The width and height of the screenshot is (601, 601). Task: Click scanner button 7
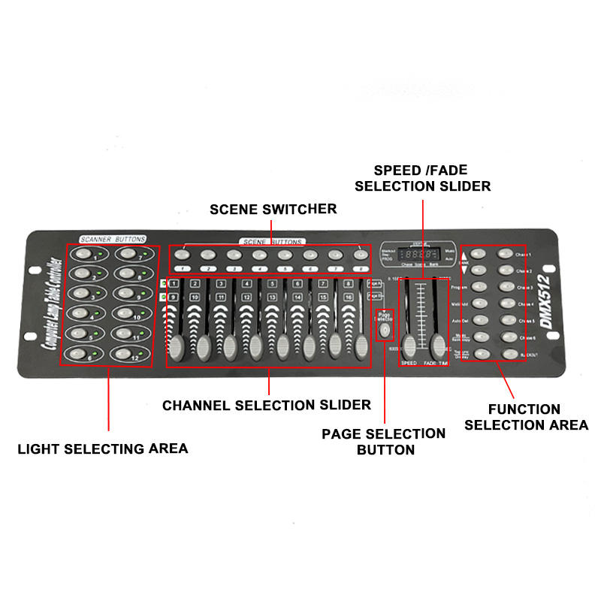128,255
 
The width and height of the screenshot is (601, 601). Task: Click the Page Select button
385,331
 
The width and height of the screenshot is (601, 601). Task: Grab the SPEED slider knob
409,345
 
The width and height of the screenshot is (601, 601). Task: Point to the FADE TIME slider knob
438,345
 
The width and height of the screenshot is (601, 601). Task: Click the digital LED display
419,254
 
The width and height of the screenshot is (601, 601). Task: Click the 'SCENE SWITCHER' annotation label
273,208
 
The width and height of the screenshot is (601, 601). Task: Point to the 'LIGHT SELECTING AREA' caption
103,448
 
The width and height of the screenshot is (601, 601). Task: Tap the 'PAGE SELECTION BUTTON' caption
384,442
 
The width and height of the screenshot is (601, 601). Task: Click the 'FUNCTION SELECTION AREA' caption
526,417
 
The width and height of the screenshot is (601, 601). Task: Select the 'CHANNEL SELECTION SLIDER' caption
267,405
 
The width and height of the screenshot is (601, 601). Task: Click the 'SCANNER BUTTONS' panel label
112,239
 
